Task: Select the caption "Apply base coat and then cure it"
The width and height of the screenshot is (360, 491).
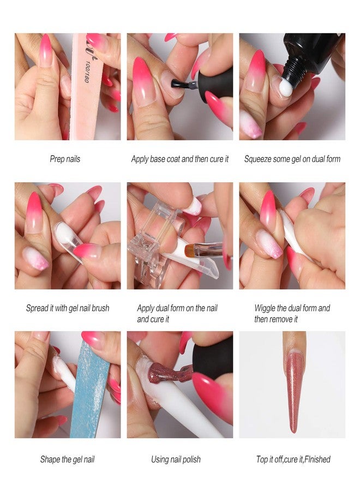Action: [180, 159]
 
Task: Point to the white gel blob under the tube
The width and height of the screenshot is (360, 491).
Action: [284, 86]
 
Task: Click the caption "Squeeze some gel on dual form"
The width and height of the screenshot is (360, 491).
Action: [292, 159]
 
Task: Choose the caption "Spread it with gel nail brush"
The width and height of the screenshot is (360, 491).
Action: [68, 308]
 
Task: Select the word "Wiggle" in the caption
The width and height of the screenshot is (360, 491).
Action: [267, 308]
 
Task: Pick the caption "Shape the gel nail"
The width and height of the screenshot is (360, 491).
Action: [67, 459]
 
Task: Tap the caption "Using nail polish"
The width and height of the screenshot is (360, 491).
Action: [176, 459]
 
